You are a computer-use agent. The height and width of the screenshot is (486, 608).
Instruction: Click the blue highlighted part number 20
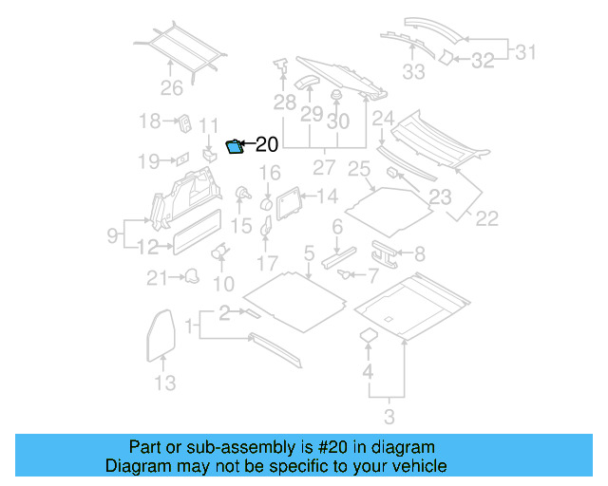pyautogui.click(x=235, y=145)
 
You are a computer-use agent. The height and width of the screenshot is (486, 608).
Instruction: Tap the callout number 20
pyautogui.click(x=267, y=144)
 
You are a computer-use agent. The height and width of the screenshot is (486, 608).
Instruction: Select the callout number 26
pyautogui.click(x=171, y=88)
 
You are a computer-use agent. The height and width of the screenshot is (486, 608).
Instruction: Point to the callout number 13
pyautogui.click(x=165, y=383)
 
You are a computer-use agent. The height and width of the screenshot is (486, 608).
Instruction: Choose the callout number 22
pyautogui.click(x=486, y=218)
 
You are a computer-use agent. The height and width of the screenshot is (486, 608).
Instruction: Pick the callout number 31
pyautogui.click(x=525, y=53)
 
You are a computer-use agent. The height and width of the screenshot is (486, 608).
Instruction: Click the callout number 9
pyautogui.click(x=112, y=234)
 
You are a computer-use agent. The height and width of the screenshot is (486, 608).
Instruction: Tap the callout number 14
pyautogui.click(x=327, y=196)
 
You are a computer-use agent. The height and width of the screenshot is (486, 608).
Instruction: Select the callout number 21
pyautogui.click(x=156, y=278)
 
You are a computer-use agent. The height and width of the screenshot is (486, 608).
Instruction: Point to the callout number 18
pyautogui.click(x=150, y=121)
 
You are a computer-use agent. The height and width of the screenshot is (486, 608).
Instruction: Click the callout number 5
pyautogui.click(x=308, y=252)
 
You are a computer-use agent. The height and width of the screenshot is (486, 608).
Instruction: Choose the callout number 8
pyautogui.click(x=419, y=253)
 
